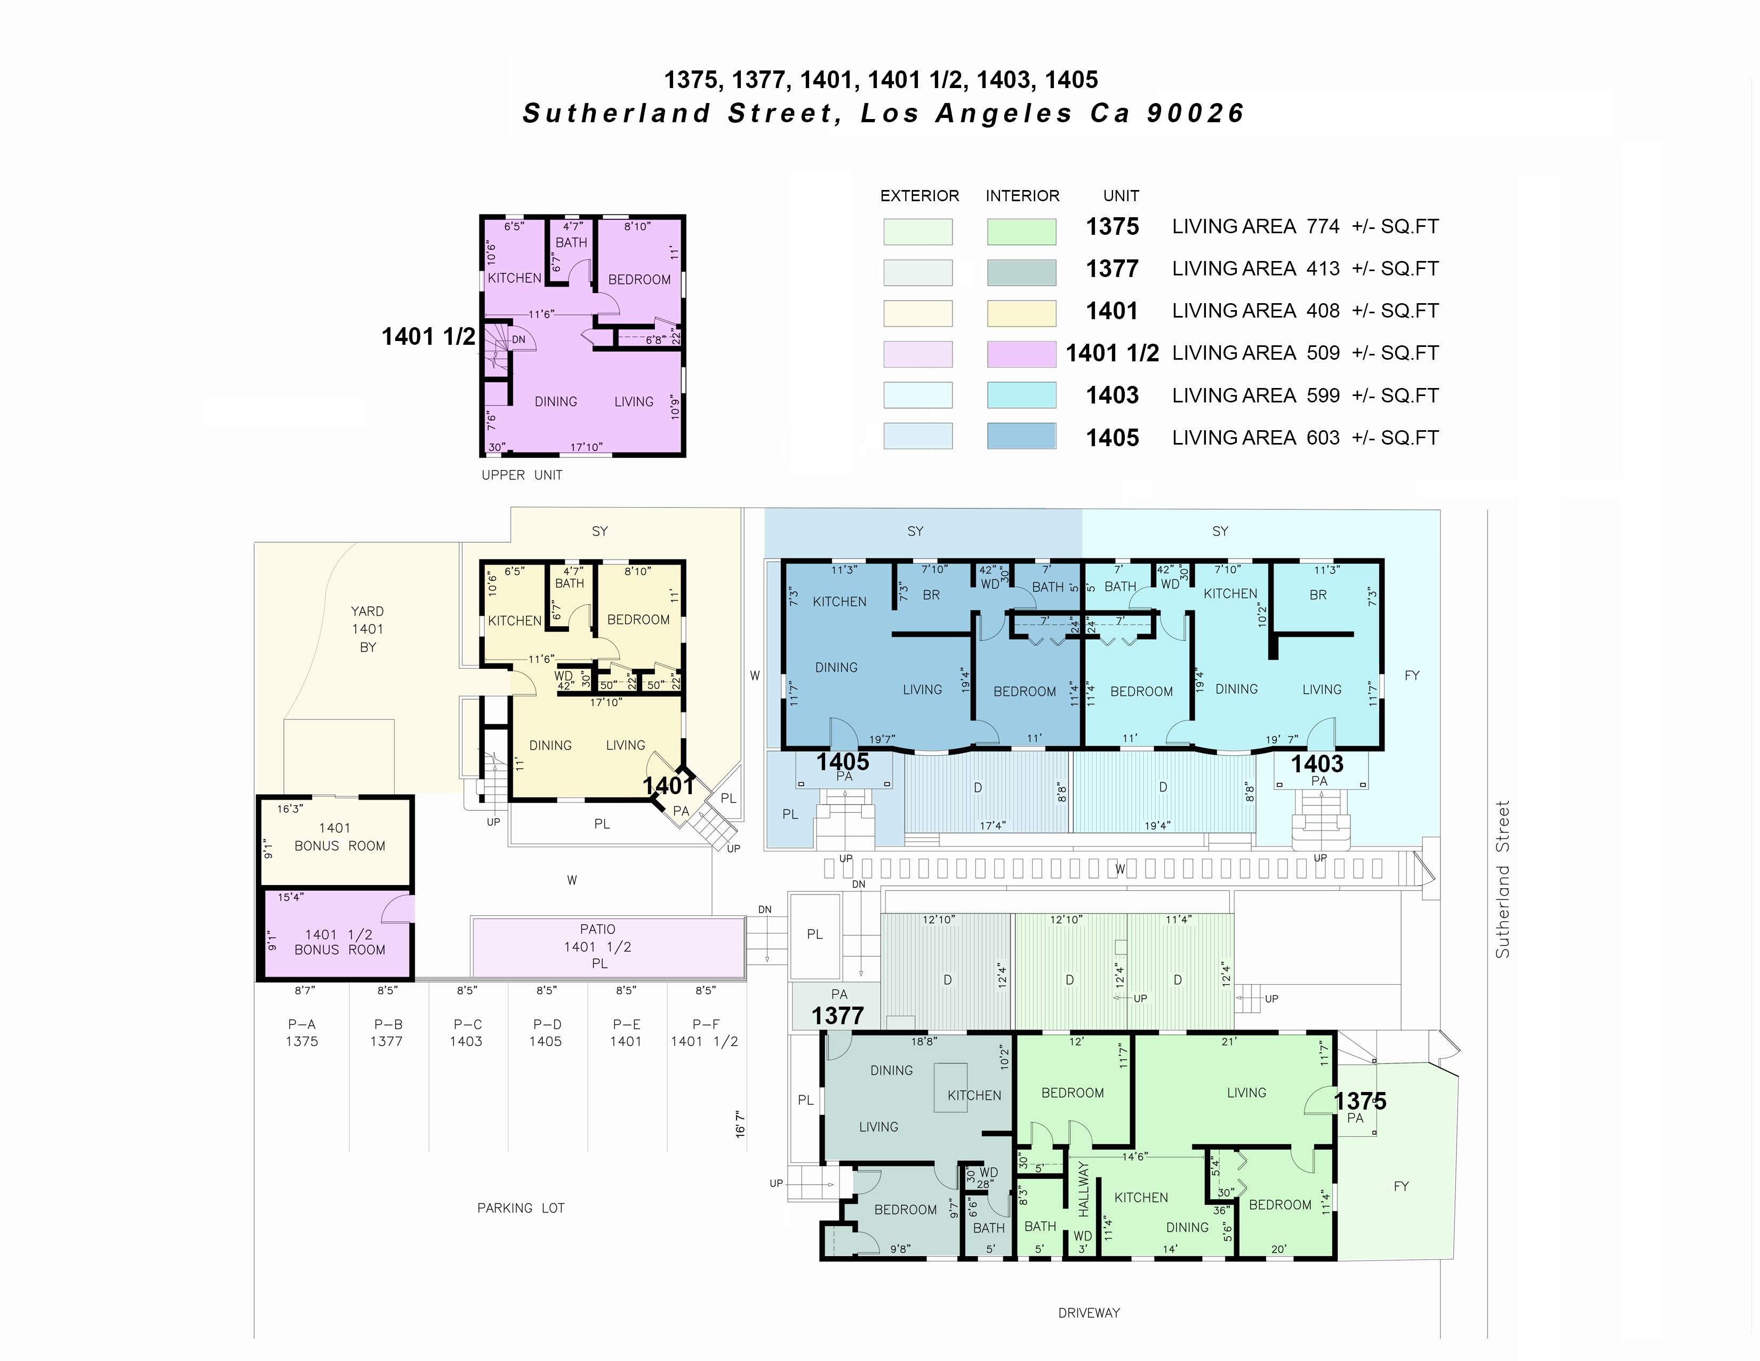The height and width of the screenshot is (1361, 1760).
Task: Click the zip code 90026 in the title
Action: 1196,114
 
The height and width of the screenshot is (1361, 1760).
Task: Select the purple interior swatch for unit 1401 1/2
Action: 1022,354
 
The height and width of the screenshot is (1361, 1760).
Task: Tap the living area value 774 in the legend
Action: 1323,226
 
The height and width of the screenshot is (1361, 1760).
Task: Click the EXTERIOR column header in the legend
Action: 919,196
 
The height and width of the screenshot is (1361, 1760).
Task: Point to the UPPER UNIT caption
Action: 522,475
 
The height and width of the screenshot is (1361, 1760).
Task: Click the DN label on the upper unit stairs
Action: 519,339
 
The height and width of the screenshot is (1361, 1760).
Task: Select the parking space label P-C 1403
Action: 467,1033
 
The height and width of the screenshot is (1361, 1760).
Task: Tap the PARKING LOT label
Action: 521,1208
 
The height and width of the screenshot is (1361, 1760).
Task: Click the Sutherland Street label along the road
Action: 1502,879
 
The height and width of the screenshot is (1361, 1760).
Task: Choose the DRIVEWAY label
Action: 1089,1312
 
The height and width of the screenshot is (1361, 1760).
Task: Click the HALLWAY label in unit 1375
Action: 1083,1189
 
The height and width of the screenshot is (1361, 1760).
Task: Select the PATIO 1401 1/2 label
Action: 598,946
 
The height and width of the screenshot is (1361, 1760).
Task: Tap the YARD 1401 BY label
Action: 367,629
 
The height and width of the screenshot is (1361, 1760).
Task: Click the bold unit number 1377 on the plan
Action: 837,1016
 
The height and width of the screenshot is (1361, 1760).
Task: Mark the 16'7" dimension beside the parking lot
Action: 740,1124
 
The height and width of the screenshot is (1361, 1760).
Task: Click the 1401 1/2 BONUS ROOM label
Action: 339,941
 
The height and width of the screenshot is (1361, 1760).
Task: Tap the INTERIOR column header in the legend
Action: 1022,196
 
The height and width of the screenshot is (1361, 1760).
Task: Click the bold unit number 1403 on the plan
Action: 1317,764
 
